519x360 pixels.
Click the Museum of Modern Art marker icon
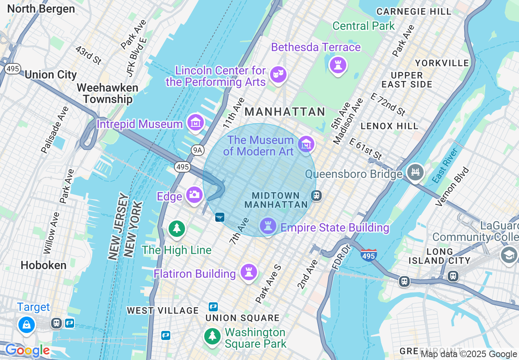(306, 144)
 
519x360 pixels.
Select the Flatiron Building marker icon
(248, 272)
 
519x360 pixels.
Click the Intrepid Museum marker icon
(196, 122)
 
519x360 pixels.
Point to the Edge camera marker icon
(194, 194)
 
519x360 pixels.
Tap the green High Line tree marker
(177, 228)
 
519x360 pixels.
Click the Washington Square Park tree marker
(212, 336)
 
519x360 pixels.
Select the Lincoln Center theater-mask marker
(278, 74)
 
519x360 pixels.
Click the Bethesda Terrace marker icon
(338, 65)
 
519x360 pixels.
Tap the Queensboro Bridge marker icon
(415, 172)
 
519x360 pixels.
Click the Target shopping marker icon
(27, 325)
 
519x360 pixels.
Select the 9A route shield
(198, 151)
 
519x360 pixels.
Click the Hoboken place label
(43, 265)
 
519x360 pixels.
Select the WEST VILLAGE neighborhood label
(162, 310)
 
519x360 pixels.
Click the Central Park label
(363, 26)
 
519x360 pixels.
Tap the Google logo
(27, 351)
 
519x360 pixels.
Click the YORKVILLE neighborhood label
(442, 63)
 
